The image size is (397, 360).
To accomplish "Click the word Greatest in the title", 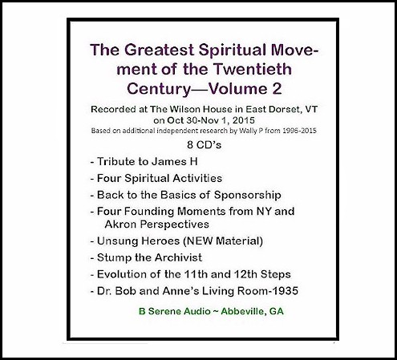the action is point(160,50).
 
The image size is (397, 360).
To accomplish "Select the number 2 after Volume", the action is point(277,89).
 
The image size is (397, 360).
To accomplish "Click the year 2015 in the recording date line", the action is point(244,120).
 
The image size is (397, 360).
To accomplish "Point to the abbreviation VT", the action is point(311,109).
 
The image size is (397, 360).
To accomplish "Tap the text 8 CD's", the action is point(205,145).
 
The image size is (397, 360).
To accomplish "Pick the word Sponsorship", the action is point(248,196).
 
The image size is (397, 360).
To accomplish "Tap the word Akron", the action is point(121,224).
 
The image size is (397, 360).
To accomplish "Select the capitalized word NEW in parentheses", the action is point(200,241).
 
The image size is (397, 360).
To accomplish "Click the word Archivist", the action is point(178,257).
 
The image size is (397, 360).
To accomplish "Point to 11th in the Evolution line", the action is point(194,274).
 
